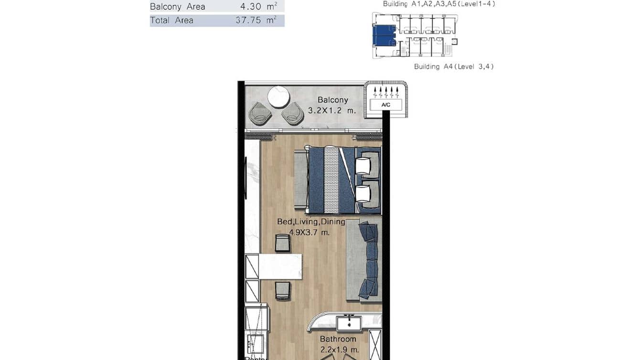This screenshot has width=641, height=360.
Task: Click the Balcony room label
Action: (x=333, y=100)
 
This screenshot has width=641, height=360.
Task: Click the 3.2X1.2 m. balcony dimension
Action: (x=333, y=110)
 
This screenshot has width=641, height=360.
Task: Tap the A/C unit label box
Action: (x=386, y=105)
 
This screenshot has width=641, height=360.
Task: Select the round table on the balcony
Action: (x=278, y=97)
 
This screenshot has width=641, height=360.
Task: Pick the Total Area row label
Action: (x=171, y=21)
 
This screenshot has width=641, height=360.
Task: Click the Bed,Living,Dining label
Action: (x=311, y=222)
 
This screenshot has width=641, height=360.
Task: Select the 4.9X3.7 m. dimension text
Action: (x=310, y=233)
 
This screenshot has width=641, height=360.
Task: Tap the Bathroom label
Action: (x=338, y=339)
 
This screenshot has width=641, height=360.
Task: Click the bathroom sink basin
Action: (x=349, y=323)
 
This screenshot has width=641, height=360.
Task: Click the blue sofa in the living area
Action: (x=368, y=260)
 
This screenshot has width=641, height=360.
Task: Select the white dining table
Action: (x=280, y=266)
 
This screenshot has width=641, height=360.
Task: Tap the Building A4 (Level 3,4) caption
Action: (x=454, y=67)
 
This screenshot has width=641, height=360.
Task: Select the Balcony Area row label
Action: (x=177, y=7)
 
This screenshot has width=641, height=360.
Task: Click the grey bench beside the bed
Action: (x=300, y=180)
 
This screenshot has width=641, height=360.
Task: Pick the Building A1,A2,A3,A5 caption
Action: (x=438, y=4)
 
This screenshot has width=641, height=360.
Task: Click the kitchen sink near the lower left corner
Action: (x=256, y=343)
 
